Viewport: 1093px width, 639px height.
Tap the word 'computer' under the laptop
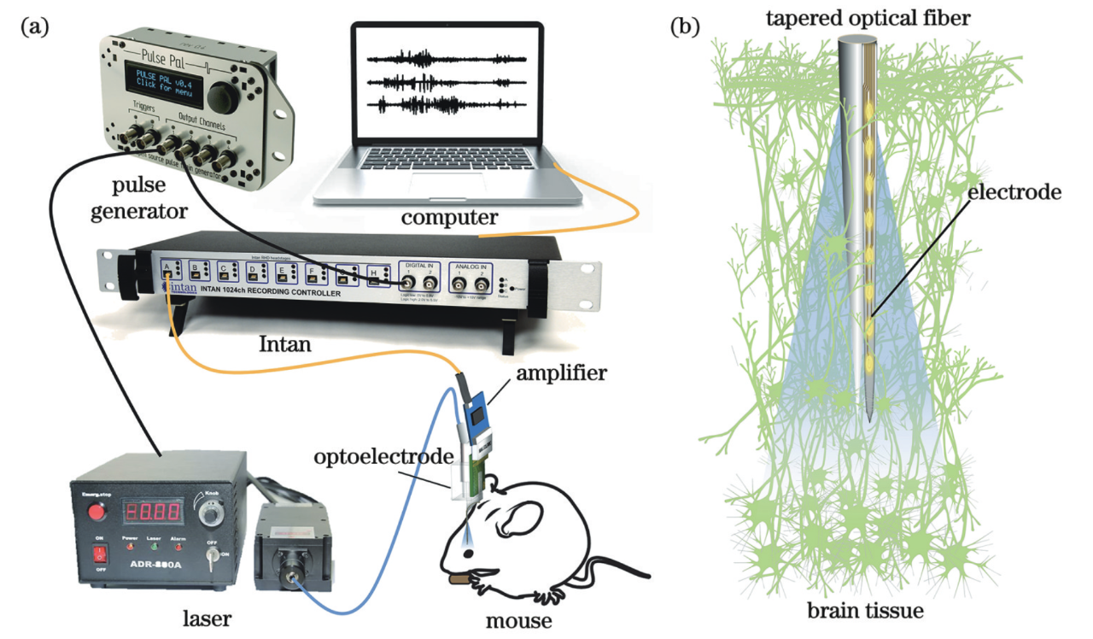[450, 219]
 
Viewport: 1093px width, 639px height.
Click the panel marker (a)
[34, 26]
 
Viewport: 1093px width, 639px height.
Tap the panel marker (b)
[685, 26]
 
